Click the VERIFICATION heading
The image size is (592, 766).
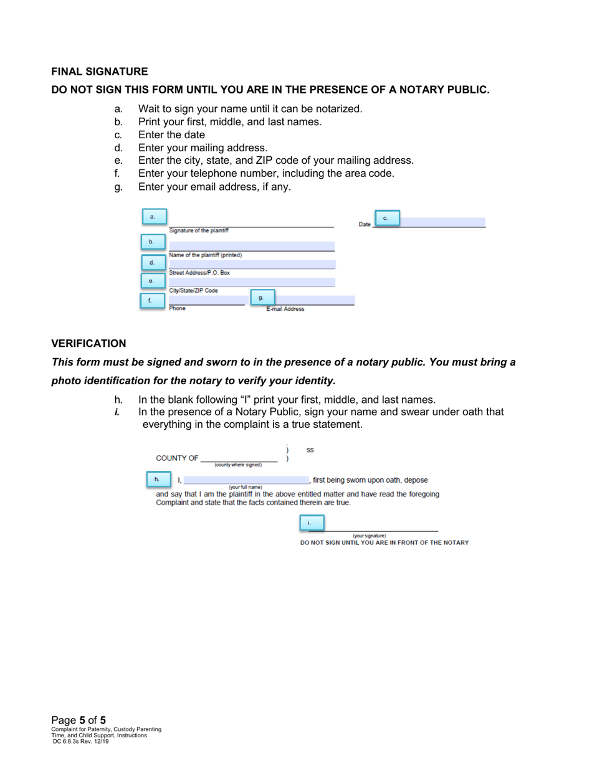88,344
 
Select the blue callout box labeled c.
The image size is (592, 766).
386,218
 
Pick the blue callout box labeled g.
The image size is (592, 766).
262,297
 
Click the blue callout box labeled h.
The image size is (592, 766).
157,479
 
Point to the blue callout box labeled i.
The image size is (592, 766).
310,522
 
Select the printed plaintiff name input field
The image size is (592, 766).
252,246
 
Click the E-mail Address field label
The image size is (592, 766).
285,309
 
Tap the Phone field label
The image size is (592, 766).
178,308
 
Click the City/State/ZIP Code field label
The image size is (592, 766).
194,290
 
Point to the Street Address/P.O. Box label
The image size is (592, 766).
199,273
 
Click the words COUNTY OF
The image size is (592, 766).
177,458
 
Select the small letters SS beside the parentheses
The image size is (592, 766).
310,450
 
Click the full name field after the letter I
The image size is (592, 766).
246,480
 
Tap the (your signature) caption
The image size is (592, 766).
370,536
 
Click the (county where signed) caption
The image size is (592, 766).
238,465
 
